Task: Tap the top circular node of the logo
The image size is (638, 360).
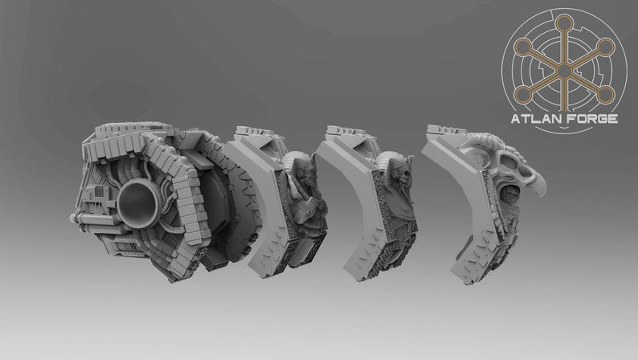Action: click(x=564, y=22)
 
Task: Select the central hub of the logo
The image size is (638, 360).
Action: click(x=564, y=72)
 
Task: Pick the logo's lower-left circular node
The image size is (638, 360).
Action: click(x=522, y=95)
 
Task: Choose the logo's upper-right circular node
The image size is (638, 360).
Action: click(x=605, y=47)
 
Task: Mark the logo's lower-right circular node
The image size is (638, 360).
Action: click(x=605, y=95)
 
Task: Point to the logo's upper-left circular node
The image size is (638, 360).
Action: click(x=522, y=47)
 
